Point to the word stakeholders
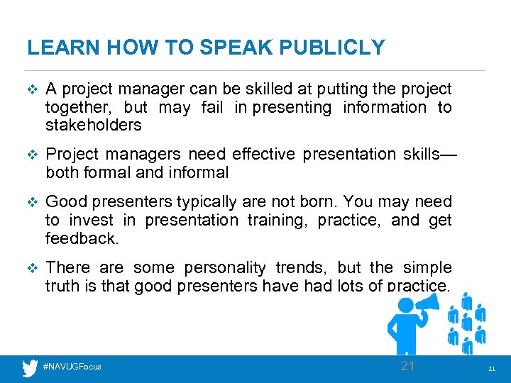(x=94, y=126)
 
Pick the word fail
(x=211, y=107)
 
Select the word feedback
(x=81, y=238)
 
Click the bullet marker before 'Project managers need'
(x=30, y=155)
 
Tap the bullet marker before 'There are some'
(x=30, y=268)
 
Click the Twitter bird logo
(x=30, y=368)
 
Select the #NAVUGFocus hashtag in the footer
(x=72, y=367)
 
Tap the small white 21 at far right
(x=491, y=370)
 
